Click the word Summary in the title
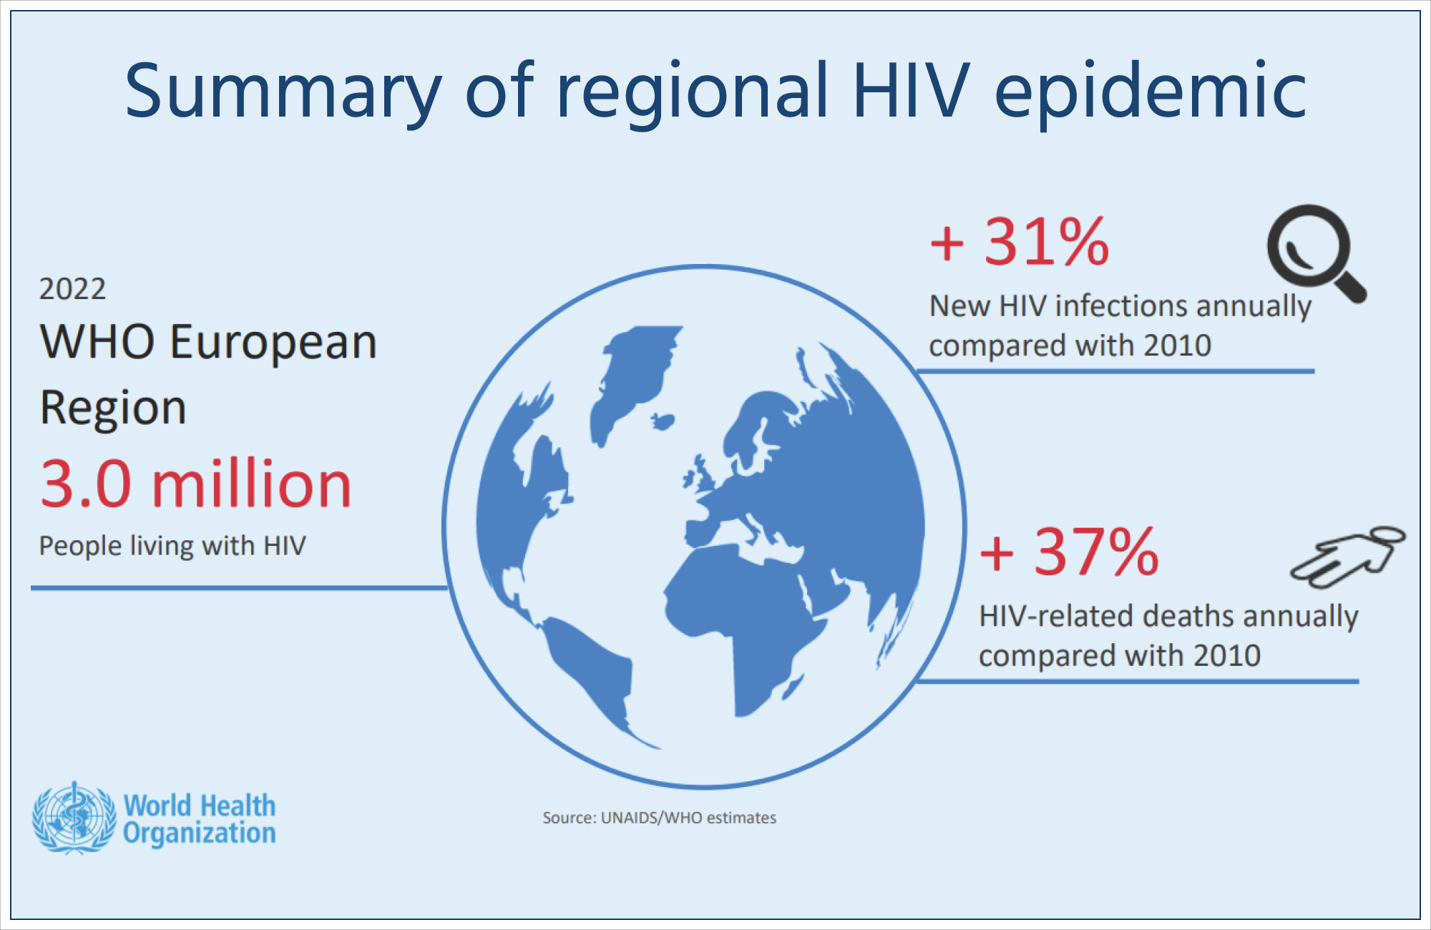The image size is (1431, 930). (x=283, y=92)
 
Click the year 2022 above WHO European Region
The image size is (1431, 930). (x=72, y=289)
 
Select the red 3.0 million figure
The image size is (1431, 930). (x=195, y=485)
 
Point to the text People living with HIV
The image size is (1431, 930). (x=172, y=546)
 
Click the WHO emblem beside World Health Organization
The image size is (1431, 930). (x=74, y=818)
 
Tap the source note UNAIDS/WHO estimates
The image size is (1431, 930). (x=659, y=818)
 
